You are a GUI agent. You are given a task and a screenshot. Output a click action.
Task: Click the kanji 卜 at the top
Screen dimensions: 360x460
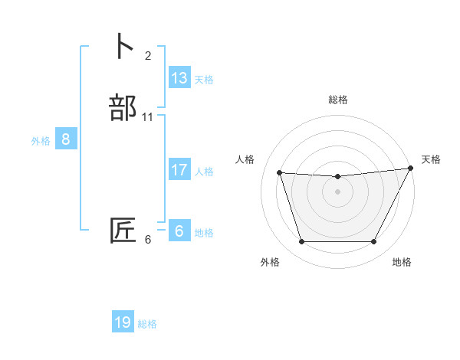(123, 47)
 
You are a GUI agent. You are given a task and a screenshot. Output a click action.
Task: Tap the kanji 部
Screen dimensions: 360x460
(123, 107)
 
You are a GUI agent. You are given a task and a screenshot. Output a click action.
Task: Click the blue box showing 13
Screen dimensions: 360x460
(179, 78)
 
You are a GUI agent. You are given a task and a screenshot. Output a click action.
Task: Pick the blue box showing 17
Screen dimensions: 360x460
(179, 170)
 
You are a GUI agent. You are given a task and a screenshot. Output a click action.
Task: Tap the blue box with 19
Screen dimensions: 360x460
(123, 322)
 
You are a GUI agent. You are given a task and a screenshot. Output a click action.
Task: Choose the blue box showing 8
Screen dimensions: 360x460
(66, 139)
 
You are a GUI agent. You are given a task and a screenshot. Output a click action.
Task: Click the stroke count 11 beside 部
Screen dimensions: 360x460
(147, 116)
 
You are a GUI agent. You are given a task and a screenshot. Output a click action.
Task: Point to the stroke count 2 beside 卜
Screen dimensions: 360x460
(147, 55)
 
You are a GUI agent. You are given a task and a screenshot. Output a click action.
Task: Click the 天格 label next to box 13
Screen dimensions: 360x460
(203, 80)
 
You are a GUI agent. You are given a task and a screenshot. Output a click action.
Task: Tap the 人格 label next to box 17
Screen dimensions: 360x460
(203, 172)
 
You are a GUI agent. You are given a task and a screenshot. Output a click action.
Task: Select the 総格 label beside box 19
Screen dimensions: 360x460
(147, 324)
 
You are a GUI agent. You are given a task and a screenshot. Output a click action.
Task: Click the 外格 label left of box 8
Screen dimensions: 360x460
(41, 141)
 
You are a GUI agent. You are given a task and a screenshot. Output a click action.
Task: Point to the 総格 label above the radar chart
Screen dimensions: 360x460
(338, 100)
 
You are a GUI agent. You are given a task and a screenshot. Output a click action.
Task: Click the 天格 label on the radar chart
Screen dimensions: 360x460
(431, 159)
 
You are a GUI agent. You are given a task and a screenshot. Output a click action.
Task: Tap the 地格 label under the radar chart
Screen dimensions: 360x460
(402, 263)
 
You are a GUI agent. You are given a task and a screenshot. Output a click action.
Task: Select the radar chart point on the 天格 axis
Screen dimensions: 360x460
(411, 169)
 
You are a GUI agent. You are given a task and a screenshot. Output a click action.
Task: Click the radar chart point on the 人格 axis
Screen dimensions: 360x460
(280, 173)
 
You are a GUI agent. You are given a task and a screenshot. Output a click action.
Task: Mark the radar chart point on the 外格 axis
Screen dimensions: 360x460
(302, 242)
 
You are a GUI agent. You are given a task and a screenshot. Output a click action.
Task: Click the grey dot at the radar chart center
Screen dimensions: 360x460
(338, 192)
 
